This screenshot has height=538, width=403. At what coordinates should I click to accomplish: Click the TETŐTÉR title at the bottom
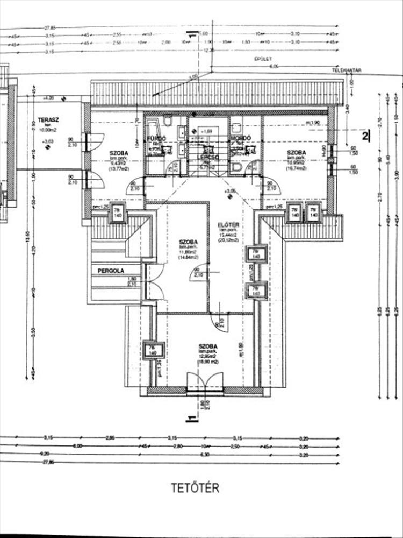(195, 488)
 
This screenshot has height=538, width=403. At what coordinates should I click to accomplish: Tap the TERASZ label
(48, 119)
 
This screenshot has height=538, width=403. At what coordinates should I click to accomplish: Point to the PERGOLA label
(111, 270)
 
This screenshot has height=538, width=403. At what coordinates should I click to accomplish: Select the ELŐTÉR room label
(225, 225)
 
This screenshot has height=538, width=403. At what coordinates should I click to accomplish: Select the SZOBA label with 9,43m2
(119, 152)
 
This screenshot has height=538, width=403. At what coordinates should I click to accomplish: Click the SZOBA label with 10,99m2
(296, 152)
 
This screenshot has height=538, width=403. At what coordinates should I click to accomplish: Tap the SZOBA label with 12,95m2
(207, 346)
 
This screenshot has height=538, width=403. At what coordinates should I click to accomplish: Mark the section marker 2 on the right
(365, 136)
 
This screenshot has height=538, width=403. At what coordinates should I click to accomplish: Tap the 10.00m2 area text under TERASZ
(48, 130)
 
